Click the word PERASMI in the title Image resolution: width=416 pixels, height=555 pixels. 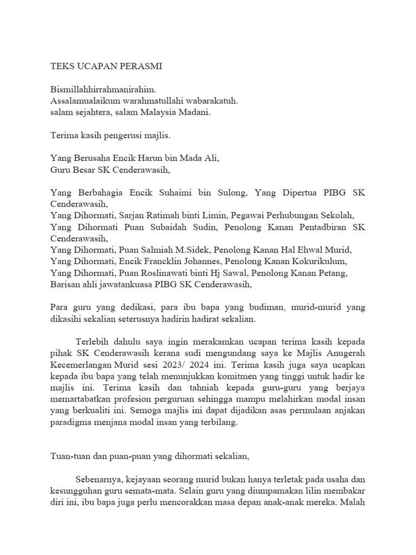[138, 67]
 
